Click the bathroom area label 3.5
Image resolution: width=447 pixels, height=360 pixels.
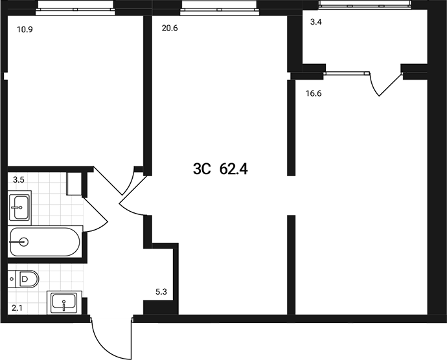click(x=19, y=178)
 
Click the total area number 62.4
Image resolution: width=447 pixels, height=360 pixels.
click(x=235, y=170)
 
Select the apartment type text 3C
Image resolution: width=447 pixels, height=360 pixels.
click(x=202, y=170)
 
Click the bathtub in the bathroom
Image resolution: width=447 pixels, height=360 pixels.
click(x=45, y=242)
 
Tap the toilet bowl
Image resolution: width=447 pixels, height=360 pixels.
click(x=26, y=279)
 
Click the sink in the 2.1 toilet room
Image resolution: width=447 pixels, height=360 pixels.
click(x=63, y=302)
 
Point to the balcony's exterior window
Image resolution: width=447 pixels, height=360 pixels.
click(x=366, y=5)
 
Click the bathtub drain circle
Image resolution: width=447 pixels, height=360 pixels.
click(x=24, y=242)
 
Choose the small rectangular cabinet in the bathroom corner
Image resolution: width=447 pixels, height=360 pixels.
click(x=74, y=183)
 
